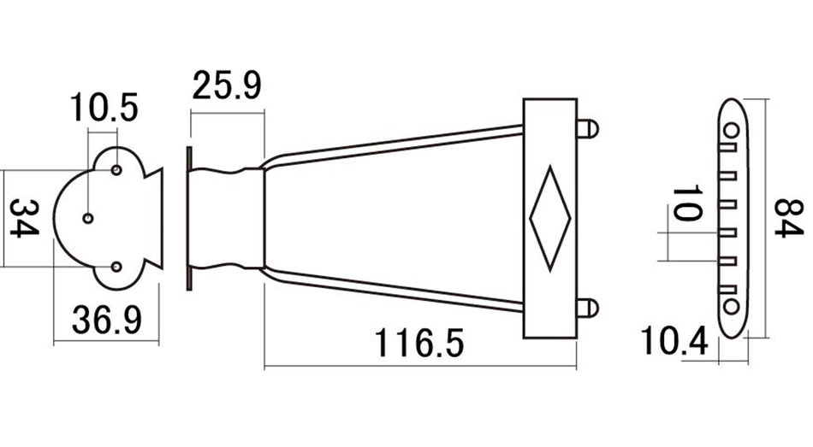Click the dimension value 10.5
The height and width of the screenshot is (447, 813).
(103, 109)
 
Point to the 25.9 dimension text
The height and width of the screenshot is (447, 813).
(226, 86)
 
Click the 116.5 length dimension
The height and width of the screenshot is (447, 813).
(418, 344)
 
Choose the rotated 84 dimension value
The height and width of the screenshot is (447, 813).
(786, 219)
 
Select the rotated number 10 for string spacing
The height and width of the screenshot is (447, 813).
(684, 203)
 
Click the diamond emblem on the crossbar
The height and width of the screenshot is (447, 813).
(550, 219)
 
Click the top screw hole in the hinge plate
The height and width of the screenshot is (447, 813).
(117, 170)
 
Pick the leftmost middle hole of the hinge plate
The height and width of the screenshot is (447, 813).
(87, 219)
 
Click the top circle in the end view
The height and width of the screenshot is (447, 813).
(733, 130)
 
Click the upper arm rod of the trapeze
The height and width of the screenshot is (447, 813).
(394, 143)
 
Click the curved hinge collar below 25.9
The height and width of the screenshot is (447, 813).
(225, 219)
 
